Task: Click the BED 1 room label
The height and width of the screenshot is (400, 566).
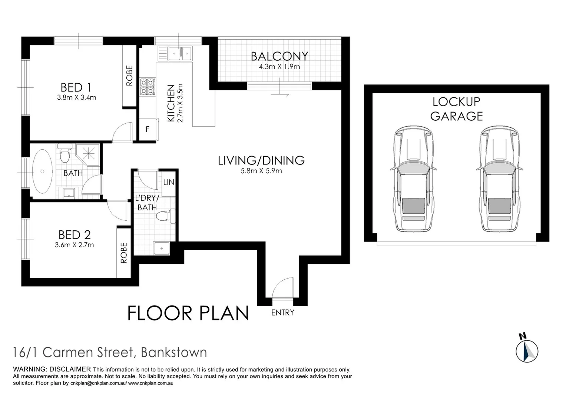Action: tap(76, 87)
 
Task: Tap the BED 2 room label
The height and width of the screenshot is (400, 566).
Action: tap(75, 234)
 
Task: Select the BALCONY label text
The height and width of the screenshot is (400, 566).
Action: tap(279, 56)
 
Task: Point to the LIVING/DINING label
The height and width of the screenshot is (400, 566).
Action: tap(261, 160)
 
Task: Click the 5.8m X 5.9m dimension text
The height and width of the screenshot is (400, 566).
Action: tap(261, 171)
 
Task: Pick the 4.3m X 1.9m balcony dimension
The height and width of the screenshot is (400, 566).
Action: tap(279, 67)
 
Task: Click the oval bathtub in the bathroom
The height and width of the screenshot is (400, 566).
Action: tap(42, 171)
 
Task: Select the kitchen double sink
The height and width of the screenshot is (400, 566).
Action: tap(180, 53)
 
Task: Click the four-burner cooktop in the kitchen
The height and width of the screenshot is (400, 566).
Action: tap(148, 86)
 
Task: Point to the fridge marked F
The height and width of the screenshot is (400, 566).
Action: tap(148, 129)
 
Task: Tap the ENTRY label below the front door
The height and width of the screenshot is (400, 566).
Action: tap(282, 313)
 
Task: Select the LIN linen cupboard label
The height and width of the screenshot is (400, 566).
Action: tap(169, 182)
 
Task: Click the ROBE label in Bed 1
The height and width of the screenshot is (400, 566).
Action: tap(129, 76)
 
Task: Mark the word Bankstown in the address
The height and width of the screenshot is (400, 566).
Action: tap(174, 352)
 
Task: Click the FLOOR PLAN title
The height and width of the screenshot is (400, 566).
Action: tap(188, 313)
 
